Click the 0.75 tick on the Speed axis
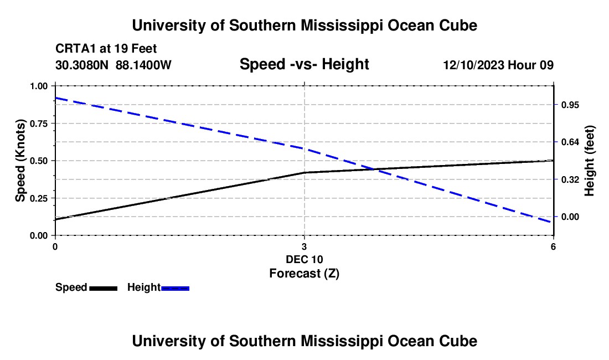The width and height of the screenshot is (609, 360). click(39, 124)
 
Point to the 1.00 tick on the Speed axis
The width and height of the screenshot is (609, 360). click(39, 86)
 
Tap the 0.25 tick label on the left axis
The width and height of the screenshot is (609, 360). click(39, 198)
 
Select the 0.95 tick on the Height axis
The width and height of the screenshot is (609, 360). click(570, 105)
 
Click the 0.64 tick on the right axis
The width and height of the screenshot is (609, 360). click(570, 142)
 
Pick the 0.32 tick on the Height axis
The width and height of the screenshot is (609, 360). click(570, 179)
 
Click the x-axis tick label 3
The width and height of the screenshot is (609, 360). click(304, 246)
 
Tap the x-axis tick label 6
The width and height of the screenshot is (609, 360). click(553, 246)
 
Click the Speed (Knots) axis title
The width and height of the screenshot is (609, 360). click(20, 161)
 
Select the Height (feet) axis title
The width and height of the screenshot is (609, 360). click(590, 161)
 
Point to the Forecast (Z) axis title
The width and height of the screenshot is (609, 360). click(304, 274)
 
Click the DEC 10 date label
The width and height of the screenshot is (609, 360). click(304, 259)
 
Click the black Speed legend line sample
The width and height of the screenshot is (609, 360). click(104, 288)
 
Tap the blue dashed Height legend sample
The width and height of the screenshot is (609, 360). click(175, 288)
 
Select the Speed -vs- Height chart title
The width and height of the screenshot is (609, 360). click(304, 64)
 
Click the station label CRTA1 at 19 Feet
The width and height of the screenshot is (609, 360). click(106, 49)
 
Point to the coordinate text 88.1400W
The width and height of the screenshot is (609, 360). click(143, 65)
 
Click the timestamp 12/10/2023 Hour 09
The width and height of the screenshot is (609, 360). click(498, 65)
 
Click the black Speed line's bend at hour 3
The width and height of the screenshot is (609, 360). click(304, 172)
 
